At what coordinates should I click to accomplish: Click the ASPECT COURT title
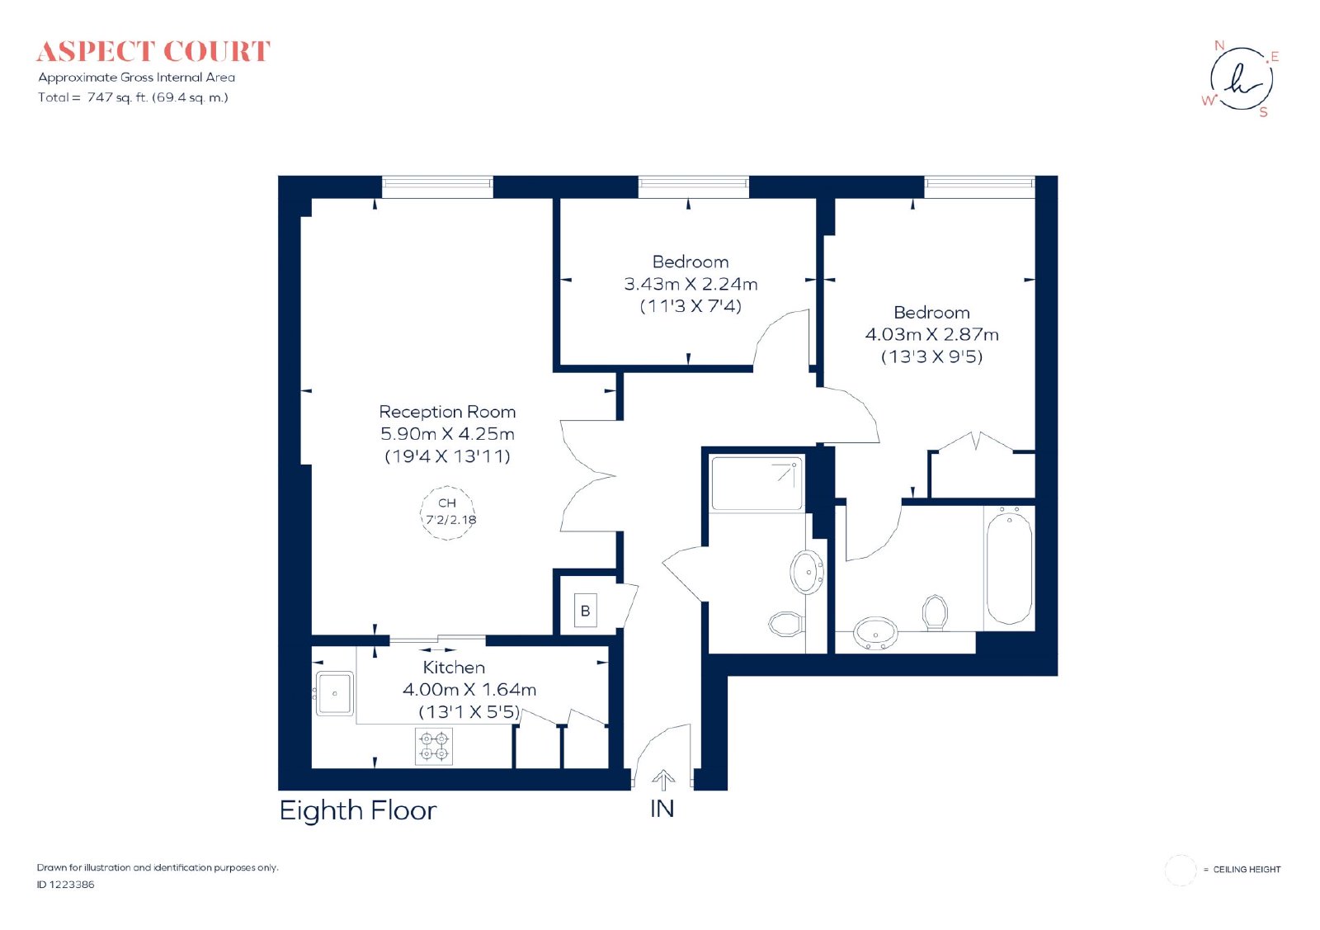click(x=153, y=52)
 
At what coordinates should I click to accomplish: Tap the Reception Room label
click(x=447, y=412)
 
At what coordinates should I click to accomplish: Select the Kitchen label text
click(x=454, y=667)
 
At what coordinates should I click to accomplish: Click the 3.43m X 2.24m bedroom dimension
click(x=691, y=284)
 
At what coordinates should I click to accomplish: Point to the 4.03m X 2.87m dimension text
click(x=931, y=335)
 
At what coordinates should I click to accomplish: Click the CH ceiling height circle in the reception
click(x=448, y=512)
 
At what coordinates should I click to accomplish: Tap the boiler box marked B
click(x=585, y=611)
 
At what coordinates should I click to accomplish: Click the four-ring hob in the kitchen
click(x=434, y=746)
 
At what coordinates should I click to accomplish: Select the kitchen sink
click(x=335, y=693)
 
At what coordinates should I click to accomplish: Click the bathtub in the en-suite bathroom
click(x=1010, y=568)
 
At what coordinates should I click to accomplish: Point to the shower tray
click(x=757, y=484)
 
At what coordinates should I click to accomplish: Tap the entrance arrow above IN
click(x=663, y=779)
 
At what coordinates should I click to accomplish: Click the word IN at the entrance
click(x=662, y=810)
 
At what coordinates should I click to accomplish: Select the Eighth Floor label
click(x=358, y=811)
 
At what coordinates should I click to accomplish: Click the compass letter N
click(x=1219, y=45)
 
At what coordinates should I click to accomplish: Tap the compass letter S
click(x=1263, y=112)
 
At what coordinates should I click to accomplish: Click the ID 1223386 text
click(x=65, y=884)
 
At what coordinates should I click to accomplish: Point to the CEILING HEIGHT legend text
click(x=1247, y=869)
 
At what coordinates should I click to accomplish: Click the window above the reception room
click(x=437, y=187)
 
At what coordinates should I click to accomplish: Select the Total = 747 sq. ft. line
click(x=133, y=97)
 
